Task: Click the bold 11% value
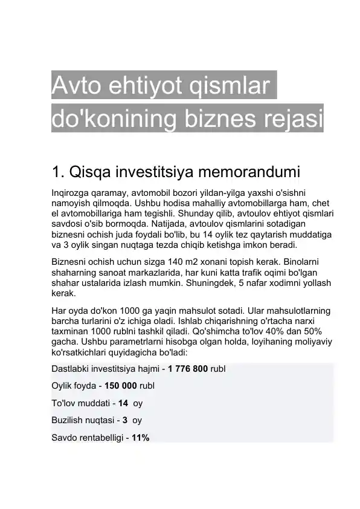[140, 437]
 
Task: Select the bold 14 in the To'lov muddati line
[123, 403]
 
